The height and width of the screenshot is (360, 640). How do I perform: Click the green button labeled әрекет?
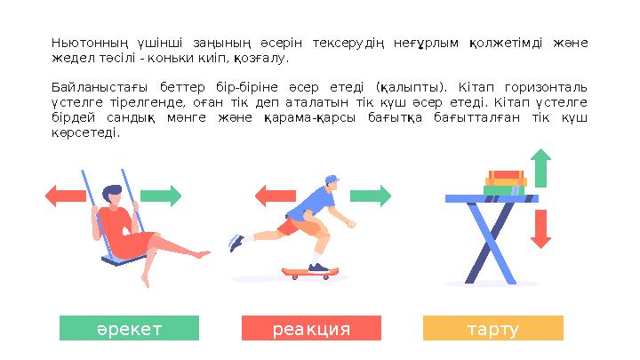tap(129, 328)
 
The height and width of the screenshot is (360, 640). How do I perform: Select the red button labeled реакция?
tap(311, 328)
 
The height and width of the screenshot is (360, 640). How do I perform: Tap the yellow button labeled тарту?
tap(492, 328)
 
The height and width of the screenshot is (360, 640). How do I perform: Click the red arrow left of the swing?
tap(66, 196)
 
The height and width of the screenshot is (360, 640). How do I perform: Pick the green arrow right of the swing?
tap(161, 196)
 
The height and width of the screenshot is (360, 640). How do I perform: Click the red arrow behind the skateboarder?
tap(276, 196)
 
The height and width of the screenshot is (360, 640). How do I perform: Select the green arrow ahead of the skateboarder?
tap(371, 196)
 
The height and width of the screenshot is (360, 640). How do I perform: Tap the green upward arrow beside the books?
tap(540, 168)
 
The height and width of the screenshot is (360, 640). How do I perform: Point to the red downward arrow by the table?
tap(540, 228)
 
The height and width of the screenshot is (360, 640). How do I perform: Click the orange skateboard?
tap(311, 273)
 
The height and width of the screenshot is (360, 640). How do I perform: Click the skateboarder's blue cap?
tap(331, 180)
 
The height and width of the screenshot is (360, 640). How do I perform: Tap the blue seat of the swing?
tap(112, 261)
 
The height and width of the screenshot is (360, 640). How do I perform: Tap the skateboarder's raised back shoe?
tap(236, 242)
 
